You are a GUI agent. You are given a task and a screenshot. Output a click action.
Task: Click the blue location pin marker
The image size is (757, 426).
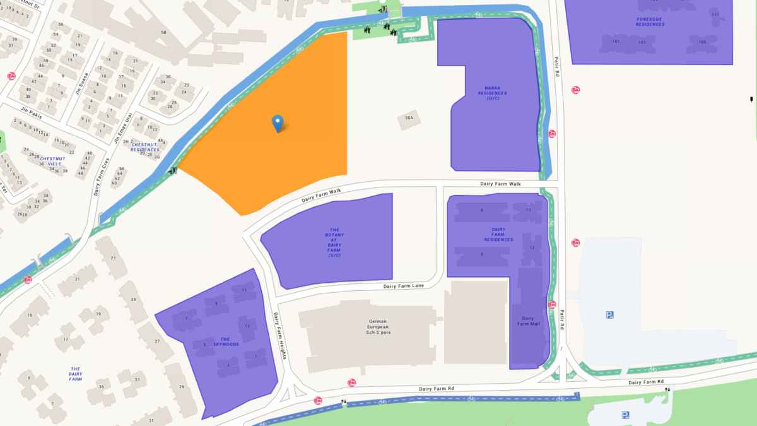coord(277,123)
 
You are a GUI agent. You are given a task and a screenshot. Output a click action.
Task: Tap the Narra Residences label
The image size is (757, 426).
coord(492,93)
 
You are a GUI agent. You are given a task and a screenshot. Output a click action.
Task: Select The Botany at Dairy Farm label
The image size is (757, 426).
coord(334,242)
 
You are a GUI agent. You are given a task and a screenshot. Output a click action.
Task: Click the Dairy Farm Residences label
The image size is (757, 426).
coord(498,235)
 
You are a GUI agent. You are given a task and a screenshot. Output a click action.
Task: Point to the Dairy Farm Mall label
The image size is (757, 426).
coord(525,321)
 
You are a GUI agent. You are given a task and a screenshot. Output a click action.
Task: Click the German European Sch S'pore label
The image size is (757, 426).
coord(378,327)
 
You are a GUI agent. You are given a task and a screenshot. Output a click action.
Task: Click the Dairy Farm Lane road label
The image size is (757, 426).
coord(404,286)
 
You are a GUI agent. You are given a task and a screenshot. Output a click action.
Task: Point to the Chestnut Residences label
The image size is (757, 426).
coord(145,147)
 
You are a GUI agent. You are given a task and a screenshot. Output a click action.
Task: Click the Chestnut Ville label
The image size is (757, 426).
coord(50,161)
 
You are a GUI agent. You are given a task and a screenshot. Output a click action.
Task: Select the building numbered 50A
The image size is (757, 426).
coord(409,118)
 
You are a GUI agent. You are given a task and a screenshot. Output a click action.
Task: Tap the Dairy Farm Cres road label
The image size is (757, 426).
coord(101,180)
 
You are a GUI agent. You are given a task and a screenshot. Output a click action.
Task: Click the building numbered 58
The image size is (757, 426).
coord(163,32)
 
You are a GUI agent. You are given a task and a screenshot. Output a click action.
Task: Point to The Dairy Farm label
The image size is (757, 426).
coord(76,374)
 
